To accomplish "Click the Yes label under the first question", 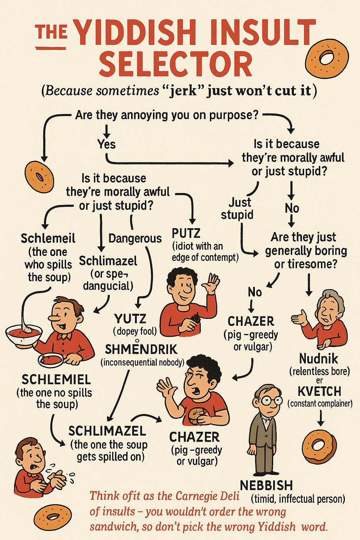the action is coord(107,144).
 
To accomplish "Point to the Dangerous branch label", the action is coord(135,238).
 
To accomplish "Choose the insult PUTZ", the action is coord(186,233).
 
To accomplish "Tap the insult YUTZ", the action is coord(130,319).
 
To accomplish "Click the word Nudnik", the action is coord(319,358).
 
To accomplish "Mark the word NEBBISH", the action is coord(266,486).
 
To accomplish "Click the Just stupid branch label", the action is coord(237,208).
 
